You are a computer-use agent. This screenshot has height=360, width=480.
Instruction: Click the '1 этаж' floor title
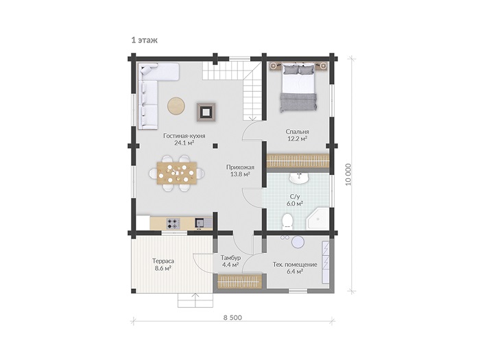(145, 40)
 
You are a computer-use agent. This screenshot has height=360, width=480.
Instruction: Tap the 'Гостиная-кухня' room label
(184, 136)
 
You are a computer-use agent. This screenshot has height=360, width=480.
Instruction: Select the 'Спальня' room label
(297, 132)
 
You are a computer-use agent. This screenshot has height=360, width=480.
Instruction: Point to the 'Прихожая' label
(240, 167)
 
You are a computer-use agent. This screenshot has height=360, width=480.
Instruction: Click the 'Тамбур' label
(230, 258)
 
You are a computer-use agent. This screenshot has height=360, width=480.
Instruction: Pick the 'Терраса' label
(163, 261)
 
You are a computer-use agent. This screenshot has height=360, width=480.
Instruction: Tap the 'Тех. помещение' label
(295, 265)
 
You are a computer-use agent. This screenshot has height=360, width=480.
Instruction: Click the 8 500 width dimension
(232, 317)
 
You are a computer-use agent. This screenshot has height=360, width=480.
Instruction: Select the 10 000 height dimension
(348, 175)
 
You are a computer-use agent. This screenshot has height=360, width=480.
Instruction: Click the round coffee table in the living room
(176, 106)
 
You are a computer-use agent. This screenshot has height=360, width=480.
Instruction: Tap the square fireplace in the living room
(206, 112)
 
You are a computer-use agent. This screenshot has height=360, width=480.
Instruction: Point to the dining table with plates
(177, 173)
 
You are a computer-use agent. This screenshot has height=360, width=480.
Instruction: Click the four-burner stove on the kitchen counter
(173, 224)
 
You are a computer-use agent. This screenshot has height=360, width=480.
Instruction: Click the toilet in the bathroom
(287, 221)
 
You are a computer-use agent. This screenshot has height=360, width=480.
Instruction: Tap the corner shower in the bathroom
(318, 219)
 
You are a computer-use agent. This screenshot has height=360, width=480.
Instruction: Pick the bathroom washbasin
(299, 178)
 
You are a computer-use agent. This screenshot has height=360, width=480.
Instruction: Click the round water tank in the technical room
(298, 242)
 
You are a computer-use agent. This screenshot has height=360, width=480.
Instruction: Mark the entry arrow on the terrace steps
(195, 300)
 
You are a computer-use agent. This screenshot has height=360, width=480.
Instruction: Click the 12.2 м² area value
(297, 139)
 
